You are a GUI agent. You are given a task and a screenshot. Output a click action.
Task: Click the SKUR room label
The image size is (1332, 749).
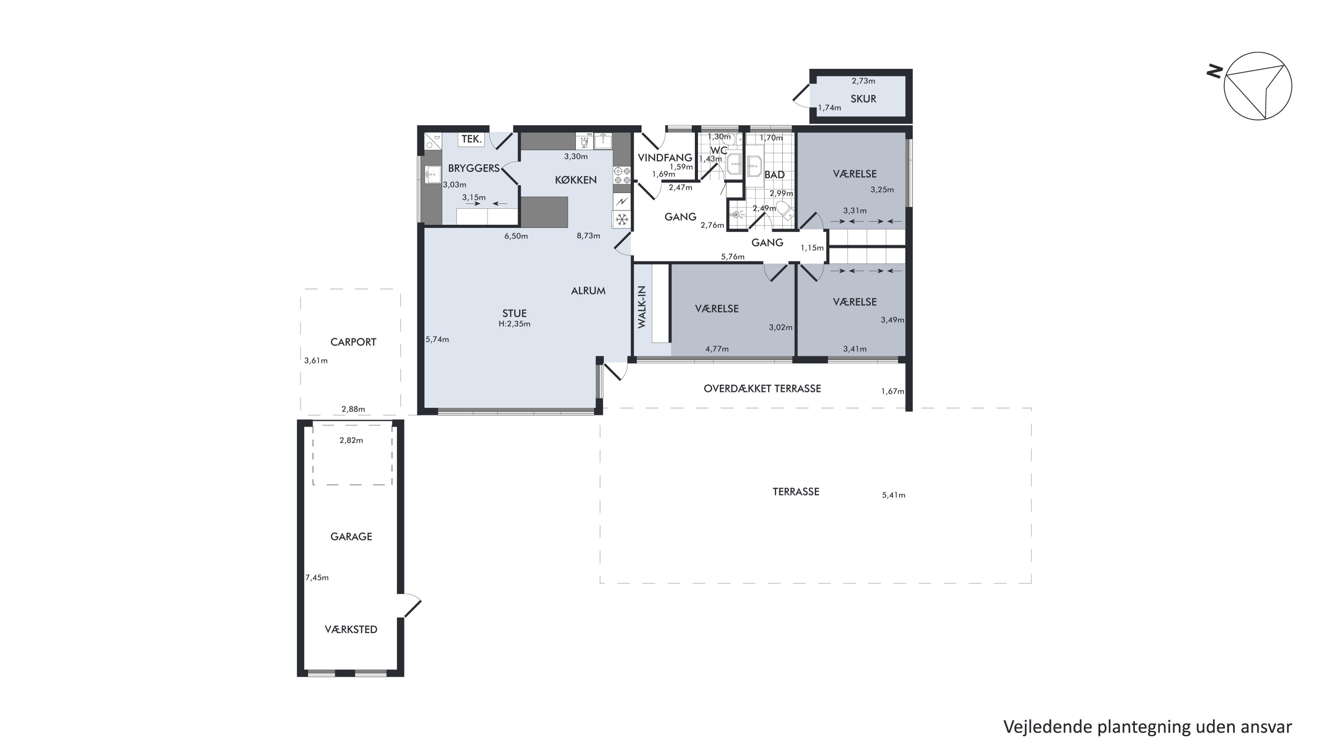click(863, 99)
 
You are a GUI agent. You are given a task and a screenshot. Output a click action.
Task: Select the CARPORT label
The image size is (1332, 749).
click(353, 342)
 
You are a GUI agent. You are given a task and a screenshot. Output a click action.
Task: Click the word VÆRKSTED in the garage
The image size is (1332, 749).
click(351, 630)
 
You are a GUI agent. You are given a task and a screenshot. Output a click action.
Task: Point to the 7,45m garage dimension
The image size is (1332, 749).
click(317, 578)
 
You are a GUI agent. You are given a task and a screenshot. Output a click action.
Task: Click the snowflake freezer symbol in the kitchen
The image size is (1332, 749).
click(622, 219)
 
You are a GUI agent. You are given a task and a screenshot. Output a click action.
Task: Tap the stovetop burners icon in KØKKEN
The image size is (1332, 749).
click(622, 175)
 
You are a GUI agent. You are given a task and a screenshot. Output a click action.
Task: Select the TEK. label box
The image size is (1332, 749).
click(472, 139)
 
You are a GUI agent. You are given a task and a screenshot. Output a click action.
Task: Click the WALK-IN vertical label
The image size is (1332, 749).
click(642, 307)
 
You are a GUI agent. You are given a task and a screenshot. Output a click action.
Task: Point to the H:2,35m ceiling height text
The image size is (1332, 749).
click(515, 324)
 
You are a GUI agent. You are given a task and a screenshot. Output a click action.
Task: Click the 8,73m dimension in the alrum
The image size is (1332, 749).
click(588, 236)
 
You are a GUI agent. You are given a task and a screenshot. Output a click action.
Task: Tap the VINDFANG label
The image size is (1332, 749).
click(665, 158)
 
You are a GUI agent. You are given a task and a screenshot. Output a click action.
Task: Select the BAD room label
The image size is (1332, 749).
click(775, 175)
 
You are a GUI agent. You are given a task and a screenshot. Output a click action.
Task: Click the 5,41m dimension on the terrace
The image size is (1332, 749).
click(893, 495)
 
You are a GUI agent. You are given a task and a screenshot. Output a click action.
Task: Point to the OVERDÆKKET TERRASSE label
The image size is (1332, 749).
click(762, 389)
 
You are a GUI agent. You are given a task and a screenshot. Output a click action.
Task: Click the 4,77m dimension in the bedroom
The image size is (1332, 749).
click(717, 349)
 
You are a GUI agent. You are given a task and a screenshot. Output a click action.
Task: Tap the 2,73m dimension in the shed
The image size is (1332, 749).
click(864, 81)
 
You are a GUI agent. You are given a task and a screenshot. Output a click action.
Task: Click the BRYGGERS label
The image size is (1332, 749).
click(474, 168)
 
